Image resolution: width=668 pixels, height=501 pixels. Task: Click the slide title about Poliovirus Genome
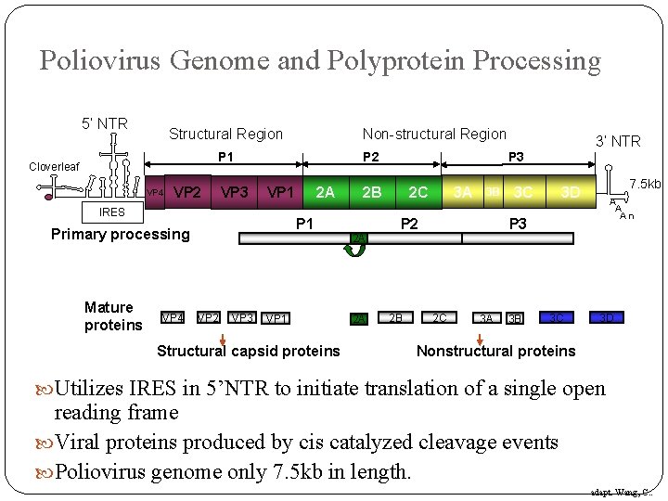pyautogui.click(x=320, y=61)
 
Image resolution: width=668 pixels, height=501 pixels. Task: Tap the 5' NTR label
pyautogui.click(x=104, y=123)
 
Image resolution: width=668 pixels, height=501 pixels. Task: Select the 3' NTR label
pyautogui.click(x=617, y=141)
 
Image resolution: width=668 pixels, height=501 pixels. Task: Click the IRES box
pyautogui.click(x=111, y=212)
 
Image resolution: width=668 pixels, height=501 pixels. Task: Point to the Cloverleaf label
pyautogui.click(x=54, y=167)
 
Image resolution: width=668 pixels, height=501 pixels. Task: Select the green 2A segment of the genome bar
pyautogui.click(x=325, y=192)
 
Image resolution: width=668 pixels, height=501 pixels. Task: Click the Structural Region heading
pyautogui.click(x=225, y=135)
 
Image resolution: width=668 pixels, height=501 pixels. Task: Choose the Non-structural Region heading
pyautogui.click(x=434, y=135)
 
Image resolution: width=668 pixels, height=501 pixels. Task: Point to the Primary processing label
pyautogui.click(x=120, y=234)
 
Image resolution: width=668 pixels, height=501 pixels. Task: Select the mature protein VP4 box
pyautogui.click(x=172, y=317)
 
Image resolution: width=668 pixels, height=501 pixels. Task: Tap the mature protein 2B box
pyautogui.click(x=396, y=317)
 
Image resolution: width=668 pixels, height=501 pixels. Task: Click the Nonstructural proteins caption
pyautogui.click(x=495, y=351)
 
